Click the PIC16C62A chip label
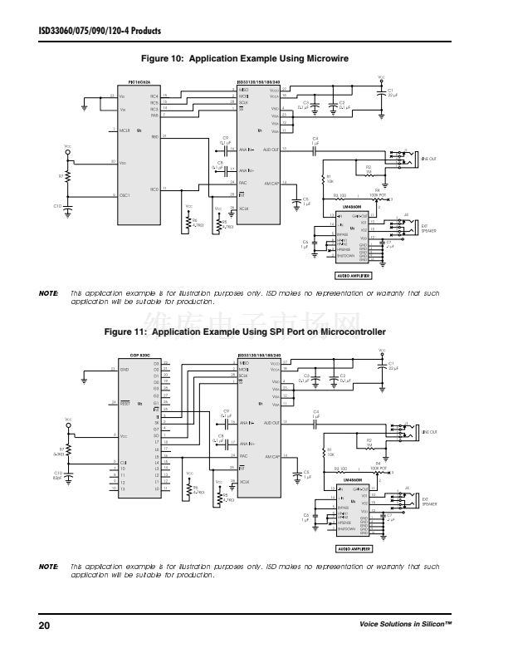[139, 82]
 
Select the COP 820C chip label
[139, 355]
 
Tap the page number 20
[44, 625]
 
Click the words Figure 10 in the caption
[164, 59]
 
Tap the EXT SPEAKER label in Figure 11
[429, 502]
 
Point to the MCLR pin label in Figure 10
[125, 130]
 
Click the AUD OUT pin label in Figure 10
[271, 150]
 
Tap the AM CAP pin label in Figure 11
[271, 456]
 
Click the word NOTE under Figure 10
[49, 293]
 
